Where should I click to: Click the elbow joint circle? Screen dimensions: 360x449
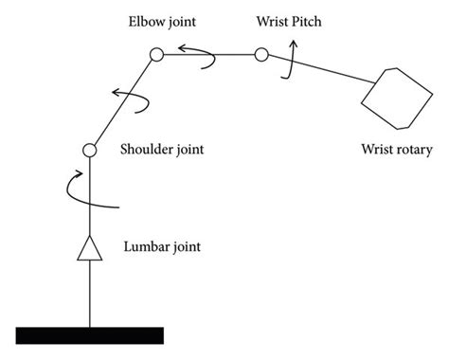[x=156, y=57]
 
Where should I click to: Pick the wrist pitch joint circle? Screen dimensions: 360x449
[x=260, y=57]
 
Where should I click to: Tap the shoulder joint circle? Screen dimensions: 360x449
[x=89, y=150]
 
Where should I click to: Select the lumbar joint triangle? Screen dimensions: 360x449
[x=89, y=248]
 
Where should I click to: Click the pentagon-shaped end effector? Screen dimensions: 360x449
[x=388, y=97]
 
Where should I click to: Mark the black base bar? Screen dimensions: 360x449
[x=90, y=334]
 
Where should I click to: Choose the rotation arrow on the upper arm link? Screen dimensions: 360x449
[x=129, y=98]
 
